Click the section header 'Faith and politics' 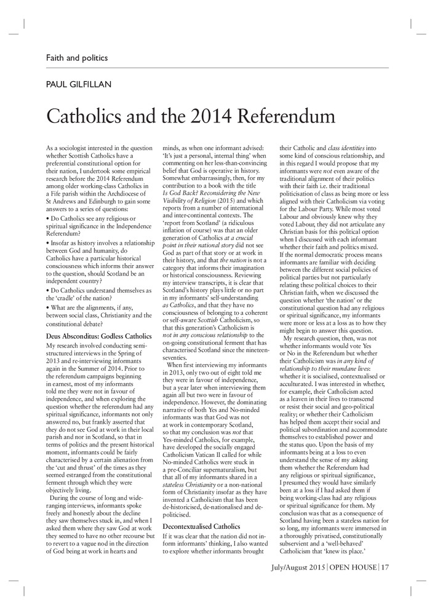tap(77, 58)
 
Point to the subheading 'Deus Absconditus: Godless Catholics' tap(98, 336)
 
